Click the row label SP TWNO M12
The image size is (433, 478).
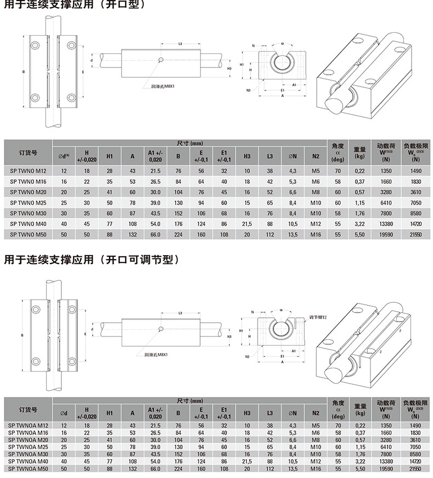coord(28,171)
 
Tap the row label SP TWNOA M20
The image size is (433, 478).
coord(28,440)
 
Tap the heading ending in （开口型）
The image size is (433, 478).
coord(73,5)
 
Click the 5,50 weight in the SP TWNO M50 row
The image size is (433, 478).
coord(360,234)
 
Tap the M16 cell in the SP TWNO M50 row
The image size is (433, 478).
coord(315,234)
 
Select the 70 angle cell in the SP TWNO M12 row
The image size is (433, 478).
coord(338,171)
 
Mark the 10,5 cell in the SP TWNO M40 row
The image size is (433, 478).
coord(293,224)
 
